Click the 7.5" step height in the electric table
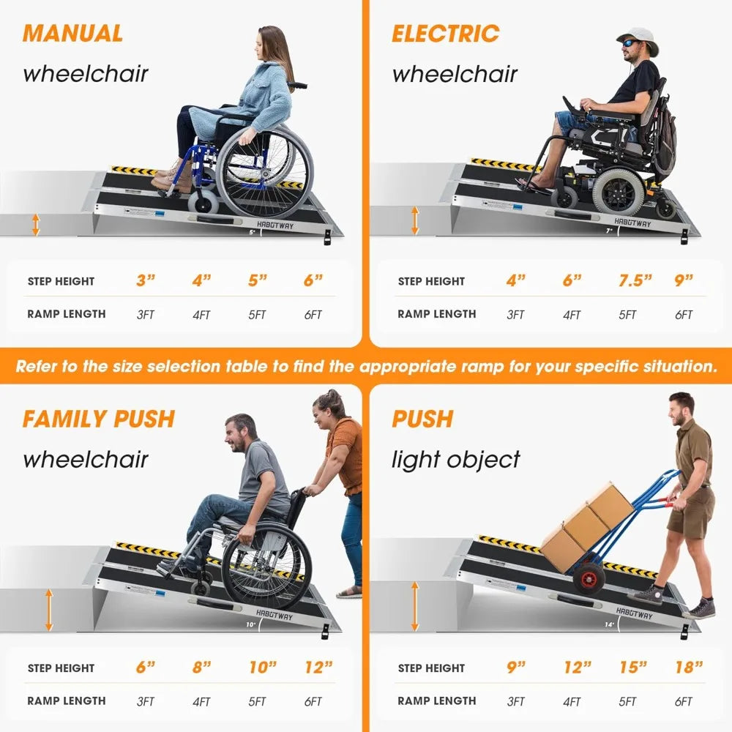pyautogui.click(x=630, y=281)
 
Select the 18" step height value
pyautogui.click(x=688, y=668)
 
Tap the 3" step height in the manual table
pyautogui.click(x=146, y=281)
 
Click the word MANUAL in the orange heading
pyautogui.click(x=72, y=34)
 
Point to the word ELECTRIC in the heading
pyautogui.click(x=445, y=34)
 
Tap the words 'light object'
pyautogui.click(x=455, y=460)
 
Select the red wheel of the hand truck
pyautogui.click(x=589, y=578)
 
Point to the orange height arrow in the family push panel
pyautogui.click(x=49, y=610)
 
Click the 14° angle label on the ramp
pyautogui.click(x=609, y=624)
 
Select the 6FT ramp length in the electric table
pyautogui.click(x=683, y=315)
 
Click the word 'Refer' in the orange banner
pyautogui.click(x=37, y=366)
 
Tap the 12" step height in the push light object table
pyautogui.click(x=577, y=668)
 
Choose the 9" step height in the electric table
pyautogui.click(x=684, y=281)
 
